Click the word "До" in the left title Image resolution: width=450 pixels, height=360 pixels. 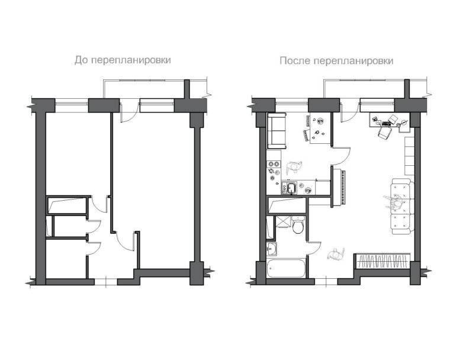[81, 60]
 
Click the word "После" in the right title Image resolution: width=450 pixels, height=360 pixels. [295, 61]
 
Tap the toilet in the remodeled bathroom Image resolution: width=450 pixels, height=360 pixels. [298, 226]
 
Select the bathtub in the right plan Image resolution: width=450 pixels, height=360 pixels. [286, 268]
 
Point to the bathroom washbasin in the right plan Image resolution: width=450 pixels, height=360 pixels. [272, 248]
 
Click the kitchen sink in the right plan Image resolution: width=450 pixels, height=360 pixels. [290, 188]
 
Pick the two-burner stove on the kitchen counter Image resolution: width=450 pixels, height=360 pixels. [274, 164]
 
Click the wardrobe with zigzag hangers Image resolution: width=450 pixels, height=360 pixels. [383, 261]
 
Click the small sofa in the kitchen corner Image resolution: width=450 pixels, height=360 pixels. [277, 131]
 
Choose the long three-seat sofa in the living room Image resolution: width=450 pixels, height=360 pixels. [403, 207]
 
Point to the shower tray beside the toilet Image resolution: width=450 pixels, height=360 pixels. [282, 222]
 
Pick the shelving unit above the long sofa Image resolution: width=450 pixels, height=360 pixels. [410, 156]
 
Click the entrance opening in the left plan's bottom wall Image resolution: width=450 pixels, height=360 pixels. [106, 282]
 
